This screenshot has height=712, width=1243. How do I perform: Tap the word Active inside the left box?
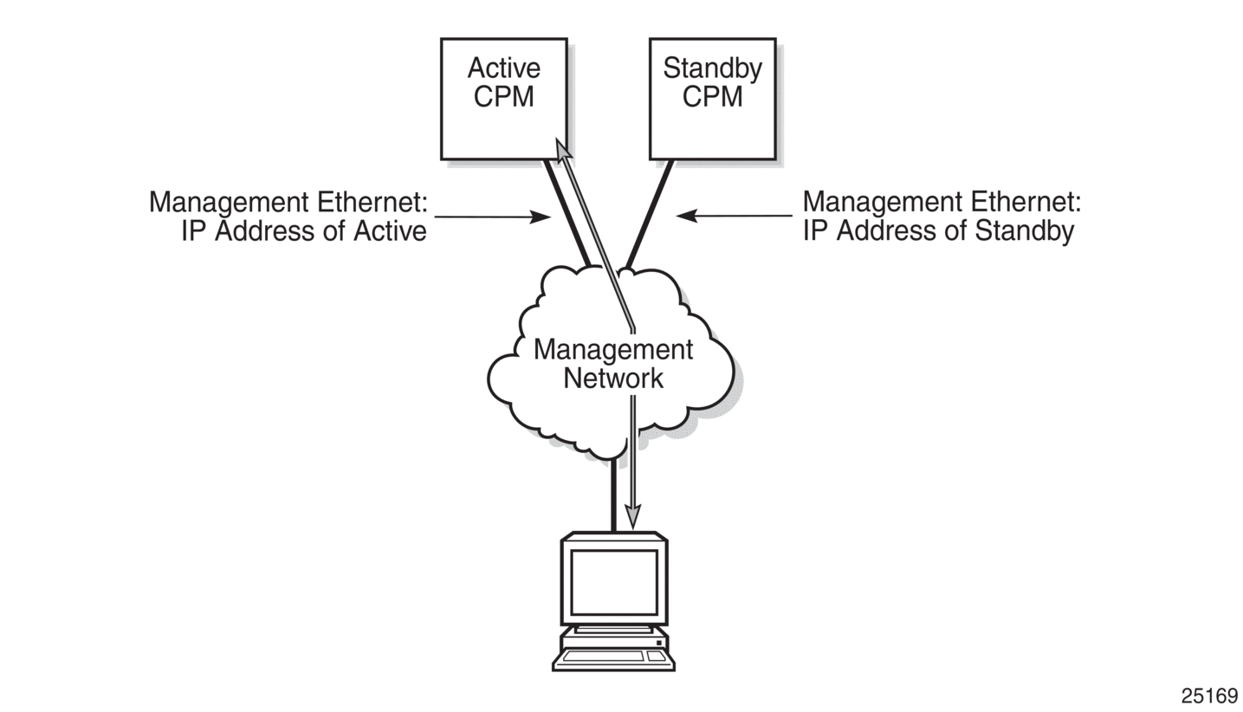pyautogui.click(x=503, y=68)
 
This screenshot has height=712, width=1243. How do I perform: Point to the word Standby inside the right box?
pyautogui.click(x=712, y=68)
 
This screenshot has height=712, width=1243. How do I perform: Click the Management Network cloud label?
pyautogui.click(x=613, y=364)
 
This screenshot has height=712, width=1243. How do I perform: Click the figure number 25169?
pyautogui.click(x=1209, y=696)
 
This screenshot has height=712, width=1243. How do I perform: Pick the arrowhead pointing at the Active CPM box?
pyautogui.click(x=562, y=151)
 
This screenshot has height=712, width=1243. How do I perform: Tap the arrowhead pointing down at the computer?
pyautogui.click(x=632, y=516)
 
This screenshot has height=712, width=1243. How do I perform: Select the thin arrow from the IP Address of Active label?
pyautogui.click(x=492, y=217)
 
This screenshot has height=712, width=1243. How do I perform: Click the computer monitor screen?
pyautogui.click(x=613, y=582)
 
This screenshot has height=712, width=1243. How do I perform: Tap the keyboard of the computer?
pyautogui.click(x=604, y=657)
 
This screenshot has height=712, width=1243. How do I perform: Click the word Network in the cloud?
pyautogui.click(x=613, y=379)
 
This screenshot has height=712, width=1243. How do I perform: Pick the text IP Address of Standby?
pyautogui.click(x=938, y=231)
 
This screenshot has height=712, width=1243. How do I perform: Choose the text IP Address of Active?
pyautogui.click(x=304, y=231)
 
